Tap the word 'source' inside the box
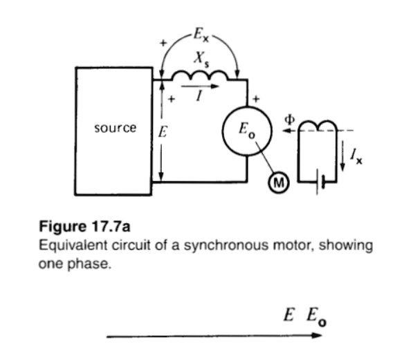pos(116,128)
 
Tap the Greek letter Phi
pos(291,119)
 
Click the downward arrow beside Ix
pos(347,161)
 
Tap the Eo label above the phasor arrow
pos(318,317)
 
